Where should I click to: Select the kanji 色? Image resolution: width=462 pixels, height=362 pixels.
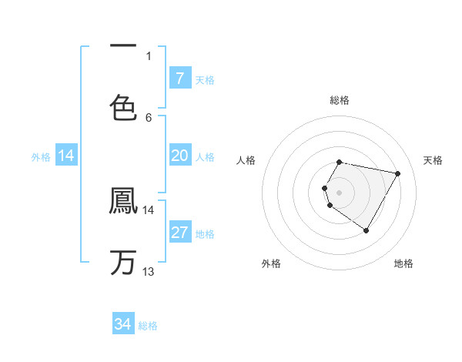[x=123, y=108]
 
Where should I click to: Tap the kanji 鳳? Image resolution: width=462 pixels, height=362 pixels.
[x=123, y=202]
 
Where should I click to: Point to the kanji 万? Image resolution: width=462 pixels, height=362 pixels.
[x=123, y=262]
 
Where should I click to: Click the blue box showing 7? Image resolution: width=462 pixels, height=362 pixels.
[x=179, y=78]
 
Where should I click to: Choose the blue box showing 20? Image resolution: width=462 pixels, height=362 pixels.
[x=179, y=156]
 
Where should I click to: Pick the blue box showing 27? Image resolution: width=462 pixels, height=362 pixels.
[x=179, y=233]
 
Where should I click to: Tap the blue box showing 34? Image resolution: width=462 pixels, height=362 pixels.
[x=123, y=324]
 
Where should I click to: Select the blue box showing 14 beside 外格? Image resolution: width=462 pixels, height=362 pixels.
[x=66, y=156]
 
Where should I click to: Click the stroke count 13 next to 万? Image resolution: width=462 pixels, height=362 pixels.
[x=149, y=271]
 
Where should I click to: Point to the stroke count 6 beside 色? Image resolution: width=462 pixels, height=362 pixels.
[x=149, y=117]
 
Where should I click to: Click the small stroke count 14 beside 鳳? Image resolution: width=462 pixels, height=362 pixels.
[x=149, y=209]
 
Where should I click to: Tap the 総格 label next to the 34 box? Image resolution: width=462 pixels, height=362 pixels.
[x=148, y=326]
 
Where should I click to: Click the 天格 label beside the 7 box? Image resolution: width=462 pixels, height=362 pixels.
[x=205, y=79]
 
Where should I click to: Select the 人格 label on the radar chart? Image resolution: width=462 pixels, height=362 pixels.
[x=246, y=160]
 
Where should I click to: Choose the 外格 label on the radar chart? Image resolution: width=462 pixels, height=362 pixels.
[x=271, y=263]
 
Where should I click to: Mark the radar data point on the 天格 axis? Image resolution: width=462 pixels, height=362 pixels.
[x=397, y=173]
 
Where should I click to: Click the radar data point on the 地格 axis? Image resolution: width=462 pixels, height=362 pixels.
[x=366, y=230]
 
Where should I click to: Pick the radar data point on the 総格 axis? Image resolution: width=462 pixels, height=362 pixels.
[x=340, y=163]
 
